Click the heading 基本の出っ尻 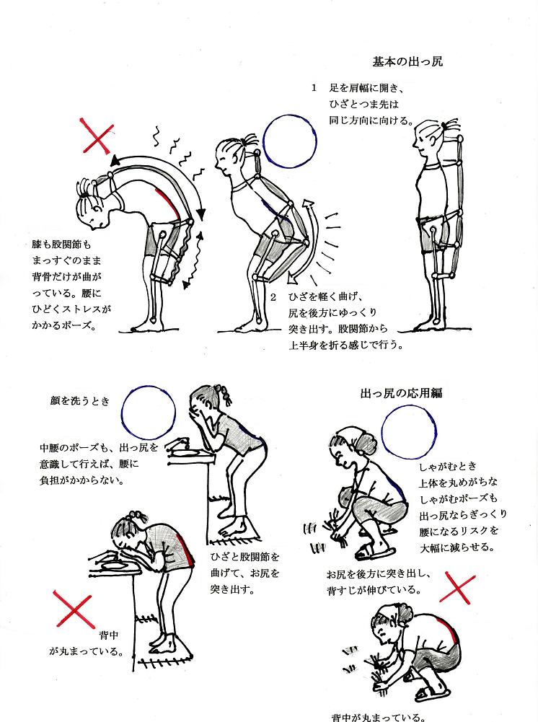point(407,61)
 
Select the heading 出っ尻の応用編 point(401,393)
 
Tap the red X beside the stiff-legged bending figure point(97,136)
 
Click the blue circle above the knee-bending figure point(290,141)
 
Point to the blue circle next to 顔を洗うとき point(149,412)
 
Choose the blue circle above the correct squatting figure point(409,430)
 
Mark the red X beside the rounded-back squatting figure point(457,588)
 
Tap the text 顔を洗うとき point(80,401)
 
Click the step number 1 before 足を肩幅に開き point(314,88)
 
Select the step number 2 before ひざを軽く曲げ point(273,297)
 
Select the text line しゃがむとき point(448,467)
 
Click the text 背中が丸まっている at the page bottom point(378,716)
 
